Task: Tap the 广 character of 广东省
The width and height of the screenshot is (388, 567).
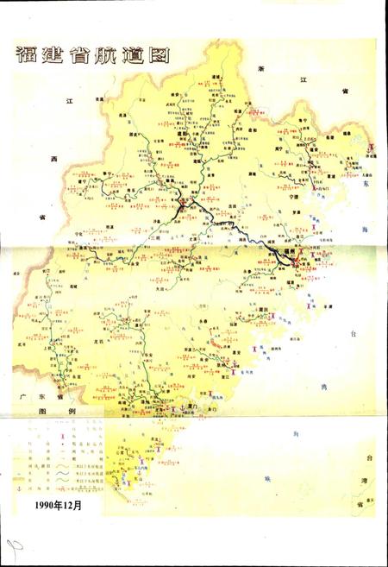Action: point(24,396)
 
